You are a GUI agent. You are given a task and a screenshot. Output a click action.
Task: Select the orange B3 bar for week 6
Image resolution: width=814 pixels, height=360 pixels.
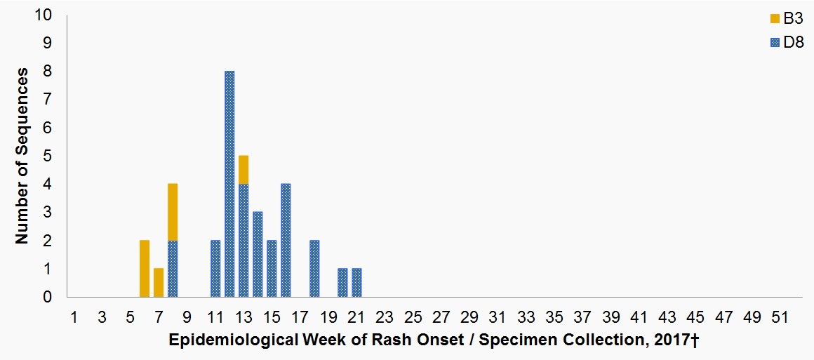145,269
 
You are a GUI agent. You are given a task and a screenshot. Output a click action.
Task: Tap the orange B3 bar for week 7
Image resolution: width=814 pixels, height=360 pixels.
159,283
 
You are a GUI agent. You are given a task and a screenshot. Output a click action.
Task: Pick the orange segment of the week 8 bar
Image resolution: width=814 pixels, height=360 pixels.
173,212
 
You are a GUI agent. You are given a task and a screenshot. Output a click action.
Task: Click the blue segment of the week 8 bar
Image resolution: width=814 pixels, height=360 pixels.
173,269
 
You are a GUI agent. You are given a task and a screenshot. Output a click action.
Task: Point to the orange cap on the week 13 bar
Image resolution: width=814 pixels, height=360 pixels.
243,170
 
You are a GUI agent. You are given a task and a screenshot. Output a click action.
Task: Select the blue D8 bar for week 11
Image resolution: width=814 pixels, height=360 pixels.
215,269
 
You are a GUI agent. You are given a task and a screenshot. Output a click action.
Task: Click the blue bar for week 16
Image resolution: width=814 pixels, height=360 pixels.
286,241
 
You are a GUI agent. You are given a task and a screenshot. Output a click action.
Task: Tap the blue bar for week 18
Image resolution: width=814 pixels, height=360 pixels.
314,269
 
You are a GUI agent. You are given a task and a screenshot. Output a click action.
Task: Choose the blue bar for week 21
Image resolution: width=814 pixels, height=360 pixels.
356,283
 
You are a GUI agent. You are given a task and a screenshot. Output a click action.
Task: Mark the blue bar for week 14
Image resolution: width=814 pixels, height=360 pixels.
258,255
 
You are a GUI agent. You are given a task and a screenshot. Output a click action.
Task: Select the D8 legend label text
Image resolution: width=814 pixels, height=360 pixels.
794,44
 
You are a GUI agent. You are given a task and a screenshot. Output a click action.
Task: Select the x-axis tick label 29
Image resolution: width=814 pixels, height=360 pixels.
469,317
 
